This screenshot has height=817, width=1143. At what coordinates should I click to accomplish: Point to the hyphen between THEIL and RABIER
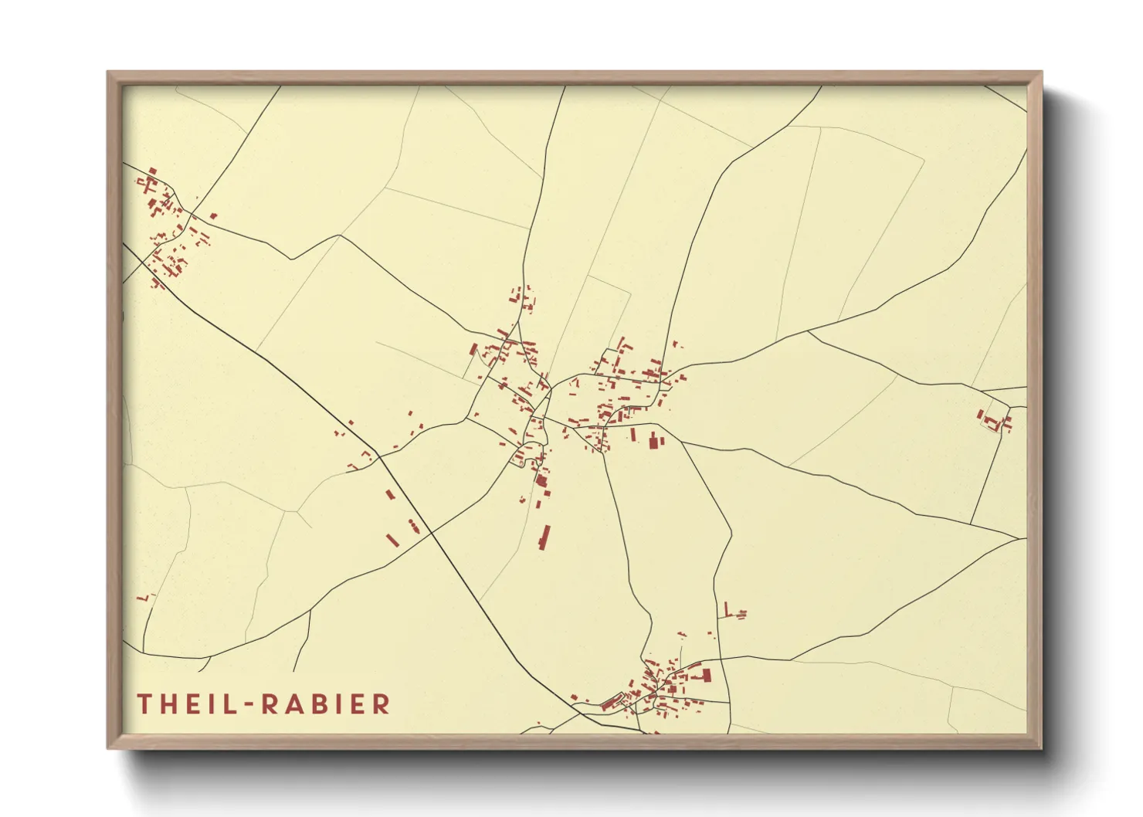click(x=250, y=704)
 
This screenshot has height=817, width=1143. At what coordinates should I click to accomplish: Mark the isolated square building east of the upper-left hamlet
click(x=214, y=216)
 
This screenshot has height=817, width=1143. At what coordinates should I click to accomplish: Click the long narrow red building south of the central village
click(x=545, y=537)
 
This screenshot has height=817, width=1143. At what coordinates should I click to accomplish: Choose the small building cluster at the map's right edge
click(x=996, y=421)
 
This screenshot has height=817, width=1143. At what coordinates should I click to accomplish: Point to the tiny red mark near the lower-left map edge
click(x=143, y=597)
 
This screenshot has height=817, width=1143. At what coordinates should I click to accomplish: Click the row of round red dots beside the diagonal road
click(x=414, y=527)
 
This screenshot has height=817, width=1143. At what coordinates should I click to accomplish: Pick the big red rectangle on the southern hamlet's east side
click(x=706, y=676)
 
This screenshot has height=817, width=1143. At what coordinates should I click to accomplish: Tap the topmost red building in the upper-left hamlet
click(x=153, y=171)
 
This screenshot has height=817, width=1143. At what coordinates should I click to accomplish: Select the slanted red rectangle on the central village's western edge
click(x=473, y=350)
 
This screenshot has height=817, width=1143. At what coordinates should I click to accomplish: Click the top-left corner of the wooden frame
click(x=108, y=73)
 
